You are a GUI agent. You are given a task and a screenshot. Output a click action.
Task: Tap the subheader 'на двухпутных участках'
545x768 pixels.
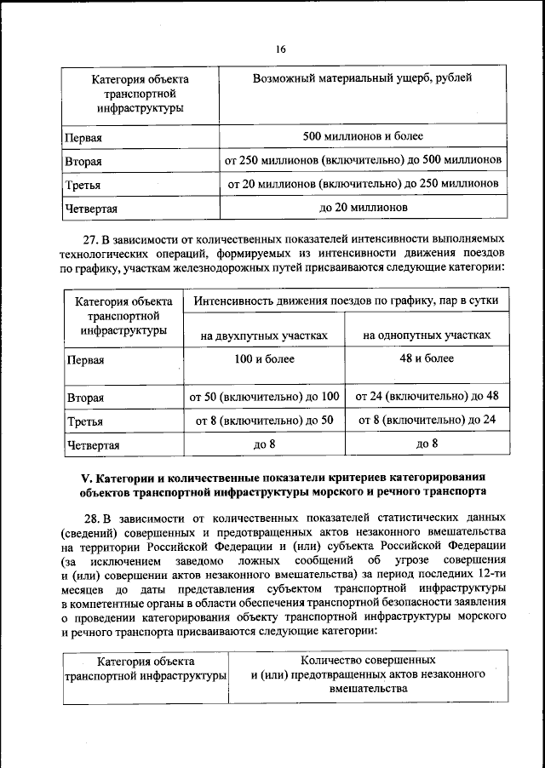(265, 335)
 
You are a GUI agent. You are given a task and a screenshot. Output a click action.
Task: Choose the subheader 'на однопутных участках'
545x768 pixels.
(427, 335)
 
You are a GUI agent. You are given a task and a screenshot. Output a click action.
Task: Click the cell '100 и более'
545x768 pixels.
(265, 358)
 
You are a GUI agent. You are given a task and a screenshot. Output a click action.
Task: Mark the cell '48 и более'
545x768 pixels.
(427, 358)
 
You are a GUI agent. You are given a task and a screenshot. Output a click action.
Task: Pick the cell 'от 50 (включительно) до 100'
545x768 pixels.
(265, 396)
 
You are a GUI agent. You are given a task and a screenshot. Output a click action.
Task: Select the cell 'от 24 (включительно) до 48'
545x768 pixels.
(427, 396)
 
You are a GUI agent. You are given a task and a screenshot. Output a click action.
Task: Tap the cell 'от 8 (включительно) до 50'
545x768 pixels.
(265, 420)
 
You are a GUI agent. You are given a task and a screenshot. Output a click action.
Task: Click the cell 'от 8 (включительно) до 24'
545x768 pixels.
(427, 420)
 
